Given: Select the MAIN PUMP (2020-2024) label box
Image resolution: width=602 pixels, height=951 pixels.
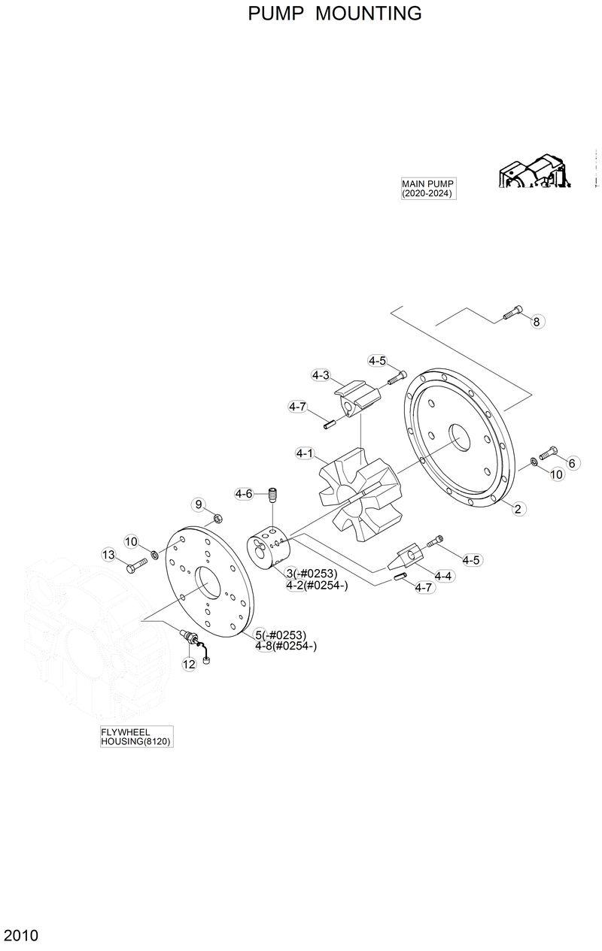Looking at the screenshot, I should (428, 188).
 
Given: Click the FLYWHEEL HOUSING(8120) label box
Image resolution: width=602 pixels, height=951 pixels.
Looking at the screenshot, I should (136, 736).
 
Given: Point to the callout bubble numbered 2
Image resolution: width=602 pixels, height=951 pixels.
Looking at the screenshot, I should (518, 509).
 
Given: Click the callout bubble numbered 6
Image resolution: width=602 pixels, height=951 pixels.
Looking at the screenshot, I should (571, 463).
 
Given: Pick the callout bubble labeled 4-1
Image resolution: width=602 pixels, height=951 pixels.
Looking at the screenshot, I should (305, 453).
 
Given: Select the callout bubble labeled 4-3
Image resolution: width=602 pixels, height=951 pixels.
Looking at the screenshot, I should (321, 374).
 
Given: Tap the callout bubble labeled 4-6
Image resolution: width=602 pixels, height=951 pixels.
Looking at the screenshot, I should (244, 494).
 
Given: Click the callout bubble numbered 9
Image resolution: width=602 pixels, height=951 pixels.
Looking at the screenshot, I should (199, 504).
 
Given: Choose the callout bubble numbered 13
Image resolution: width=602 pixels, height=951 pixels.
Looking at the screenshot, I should (109, 555).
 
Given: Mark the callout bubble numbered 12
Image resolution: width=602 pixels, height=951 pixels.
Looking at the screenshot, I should (189, 664).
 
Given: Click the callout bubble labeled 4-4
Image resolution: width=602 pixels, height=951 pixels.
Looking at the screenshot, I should (444, 576).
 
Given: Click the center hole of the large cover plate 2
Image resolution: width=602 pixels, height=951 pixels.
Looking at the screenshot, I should (458, 436).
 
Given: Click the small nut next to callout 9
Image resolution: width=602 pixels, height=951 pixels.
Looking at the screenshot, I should (217, 517).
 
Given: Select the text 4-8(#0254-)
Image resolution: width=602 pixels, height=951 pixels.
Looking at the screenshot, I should (285, 646).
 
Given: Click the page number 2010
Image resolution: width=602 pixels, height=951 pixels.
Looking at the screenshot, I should (21, 936).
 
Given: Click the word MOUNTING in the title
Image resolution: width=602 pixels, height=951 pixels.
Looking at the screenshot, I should (369, 14).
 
